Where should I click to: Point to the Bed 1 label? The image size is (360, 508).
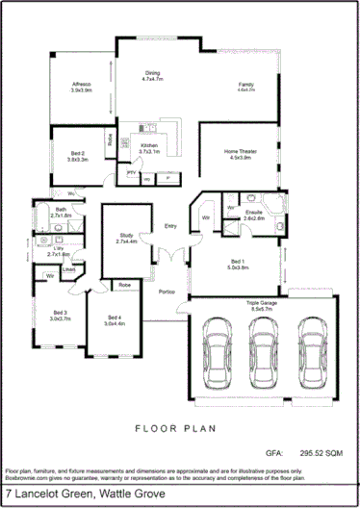pos(237,264)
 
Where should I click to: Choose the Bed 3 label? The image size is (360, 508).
pos(60,316)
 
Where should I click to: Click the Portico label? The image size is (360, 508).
pos(167,293)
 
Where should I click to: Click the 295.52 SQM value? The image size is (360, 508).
pos(321,450)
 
